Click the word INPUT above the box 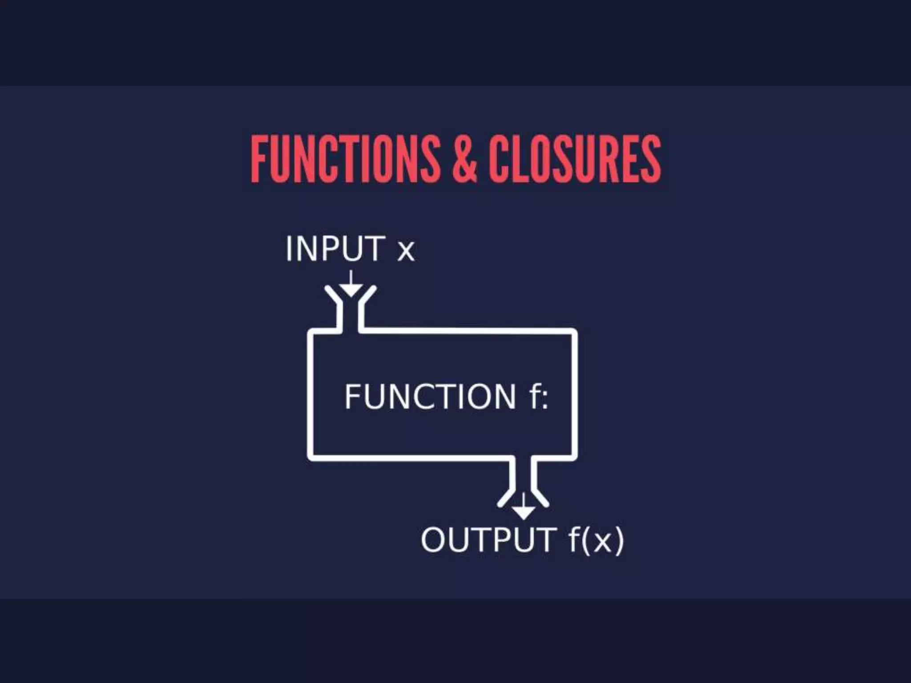(335, 249)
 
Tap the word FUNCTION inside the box (430, 397)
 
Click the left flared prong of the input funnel (333, 295)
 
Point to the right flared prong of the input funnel (368, 295)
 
